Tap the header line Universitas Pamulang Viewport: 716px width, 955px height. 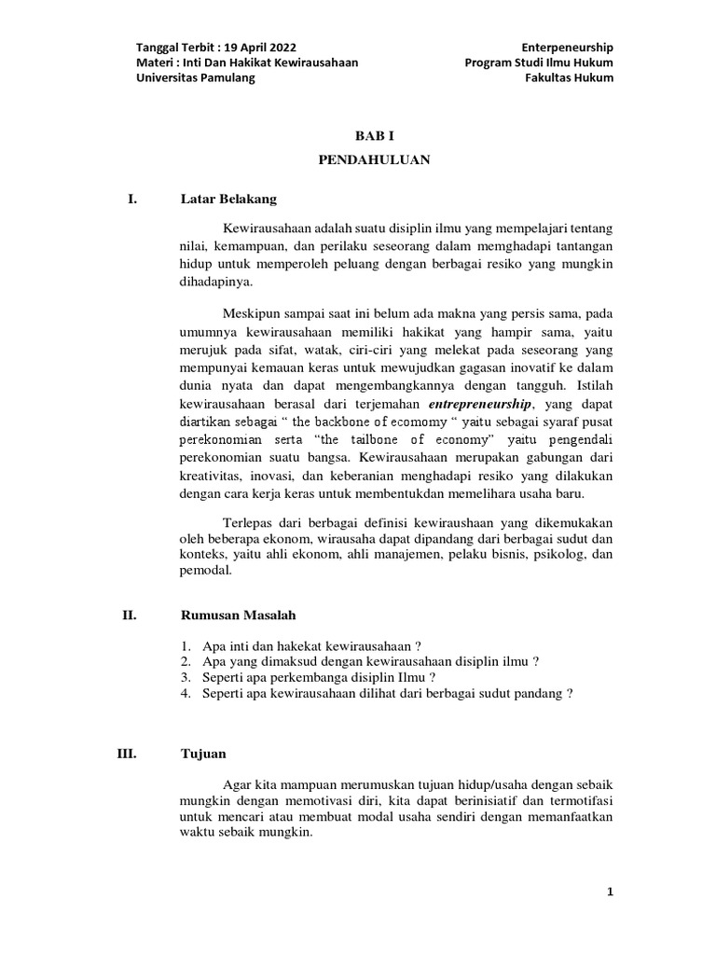195,78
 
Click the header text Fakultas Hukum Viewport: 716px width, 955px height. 570,78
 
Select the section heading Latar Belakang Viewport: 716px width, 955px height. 228,199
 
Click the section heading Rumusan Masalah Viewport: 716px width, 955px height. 238,615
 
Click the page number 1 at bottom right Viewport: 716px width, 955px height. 610,893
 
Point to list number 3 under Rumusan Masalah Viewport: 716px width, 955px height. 186,677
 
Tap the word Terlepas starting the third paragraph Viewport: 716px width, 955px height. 247,521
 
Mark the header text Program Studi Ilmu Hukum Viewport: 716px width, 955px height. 539,63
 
